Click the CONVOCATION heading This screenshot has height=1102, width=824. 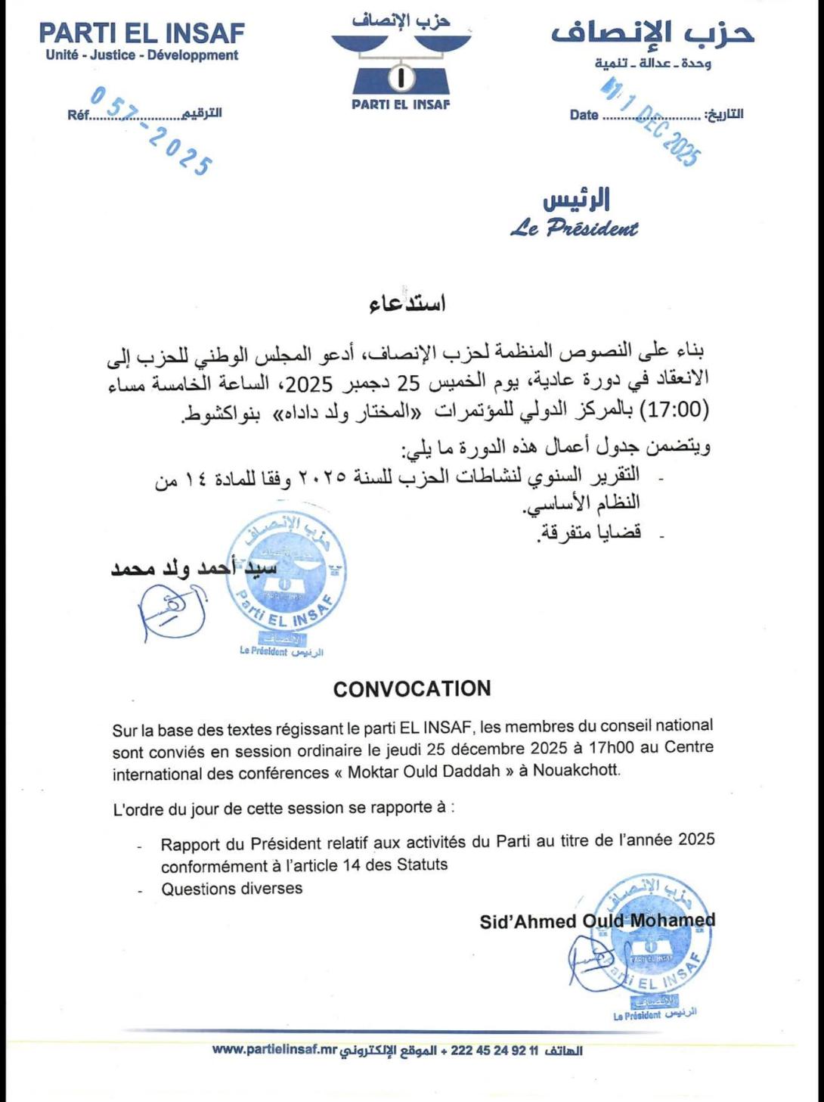pos(412,689)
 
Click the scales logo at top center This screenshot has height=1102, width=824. pos(401,64)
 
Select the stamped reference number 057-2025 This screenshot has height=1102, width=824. pos(151,130)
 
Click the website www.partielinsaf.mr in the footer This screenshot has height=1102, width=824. pos(274,1050)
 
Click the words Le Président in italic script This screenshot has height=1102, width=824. pos(574,228)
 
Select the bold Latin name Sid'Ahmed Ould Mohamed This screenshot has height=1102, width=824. pos(597,921)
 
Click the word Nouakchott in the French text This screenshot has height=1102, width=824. pos(586,772)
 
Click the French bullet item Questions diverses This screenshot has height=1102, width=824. pos(231,889)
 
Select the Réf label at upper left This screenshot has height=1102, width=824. pos(78,116)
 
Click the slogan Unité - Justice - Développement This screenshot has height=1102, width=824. pos(142,55)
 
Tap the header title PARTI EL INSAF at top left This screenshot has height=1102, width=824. pos(142,33)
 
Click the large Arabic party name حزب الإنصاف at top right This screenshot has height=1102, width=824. pos(652,33)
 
